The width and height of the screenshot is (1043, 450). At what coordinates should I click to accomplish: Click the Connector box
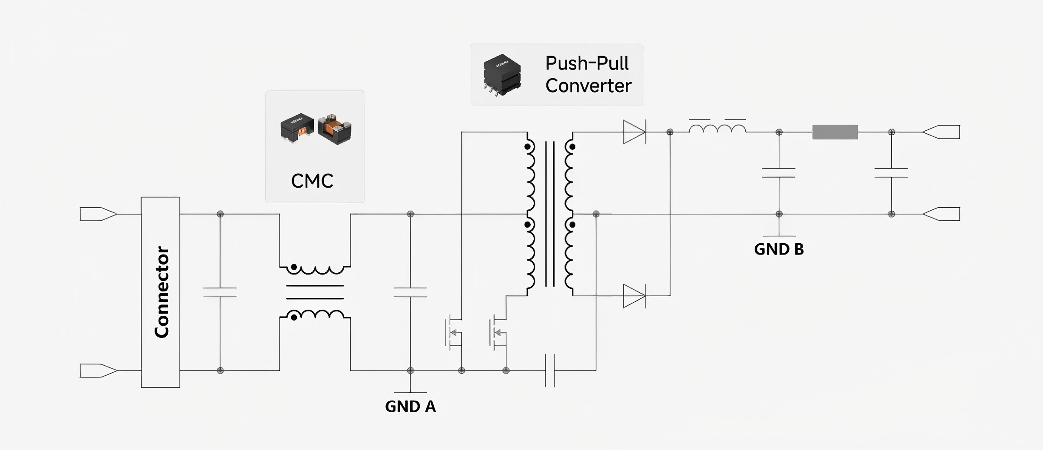[x=160, y=292]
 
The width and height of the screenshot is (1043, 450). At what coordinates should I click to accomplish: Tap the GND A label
[x=410, y=407]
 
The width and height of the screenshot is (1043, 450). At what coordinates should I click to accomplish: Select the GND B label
[x=779, y=249]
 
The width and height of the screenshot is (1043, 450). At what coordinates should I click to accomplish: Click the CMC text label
[x=312, y=181]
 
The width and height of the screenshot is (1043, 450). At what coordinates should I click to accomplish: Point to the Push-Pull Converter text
[x=588, y=74]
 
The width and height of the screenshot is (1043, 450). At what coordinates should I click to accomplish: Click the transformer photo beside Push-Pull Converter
[x=502, y=74]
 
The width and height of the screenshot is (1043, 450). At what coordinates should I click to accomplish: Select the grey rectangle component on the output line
[x=835, y=132]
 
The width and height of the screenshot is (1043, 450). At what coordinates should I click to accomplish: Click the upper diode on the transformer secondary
[x=634, y=132]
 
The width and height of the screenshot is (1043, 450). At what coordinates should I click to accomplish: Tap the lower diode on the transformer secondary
[x=634, y=296]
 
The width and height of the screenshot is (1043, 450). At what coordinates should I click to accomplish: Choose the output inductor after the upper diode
[x=717, y=129]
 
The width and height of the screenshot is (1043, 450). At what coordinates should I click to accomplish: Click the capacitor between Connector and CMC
[x=220, y=292]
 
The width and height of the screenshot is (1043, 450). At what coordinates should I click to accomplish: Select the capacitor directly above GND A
[x=410, y=292]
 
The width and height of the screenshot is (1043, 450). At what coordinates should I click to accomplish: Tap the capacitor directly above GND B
[x=779, y=173]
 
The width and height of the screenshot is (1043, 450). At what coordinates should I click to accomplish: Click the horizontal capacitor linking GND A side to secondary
[x=550, y=371]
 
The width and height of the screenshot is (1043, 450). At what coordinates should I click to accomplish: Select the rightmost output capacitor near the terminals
[x=891, y=173]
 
